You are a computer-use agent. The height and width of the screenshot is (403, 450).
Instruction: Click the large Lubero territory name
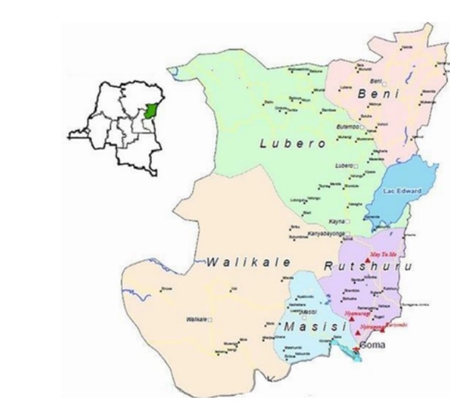[293, 144]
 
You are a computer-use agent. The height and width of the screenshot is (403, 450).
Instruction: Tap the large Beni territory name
[378, 94]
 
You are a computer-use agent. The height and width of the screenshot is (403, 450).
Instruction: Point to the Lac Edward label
[400, 190]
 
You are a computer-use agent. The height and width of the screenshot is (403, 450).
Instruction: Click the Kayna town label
[336, 222]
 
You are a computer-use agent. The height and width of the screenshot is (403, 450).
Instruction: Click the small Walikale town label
[196, 320]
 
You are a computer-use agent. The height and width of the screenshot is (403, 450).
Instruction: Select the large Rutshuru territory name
[368, 266]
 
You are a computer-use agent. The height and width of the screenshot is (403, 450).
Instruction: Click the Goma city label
[372, 345]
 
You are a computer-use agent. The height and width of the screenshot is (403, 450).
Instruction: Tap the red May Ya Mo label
[384, 254]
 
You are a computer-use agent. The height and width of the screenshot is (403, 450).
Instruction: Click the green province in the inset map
[149, 112]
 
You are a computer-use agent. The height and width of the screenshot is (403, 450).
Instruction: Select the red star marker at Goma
[356, 348]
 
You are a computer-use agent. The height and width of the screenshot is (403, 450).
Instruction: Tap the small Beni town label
[376, 82]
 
